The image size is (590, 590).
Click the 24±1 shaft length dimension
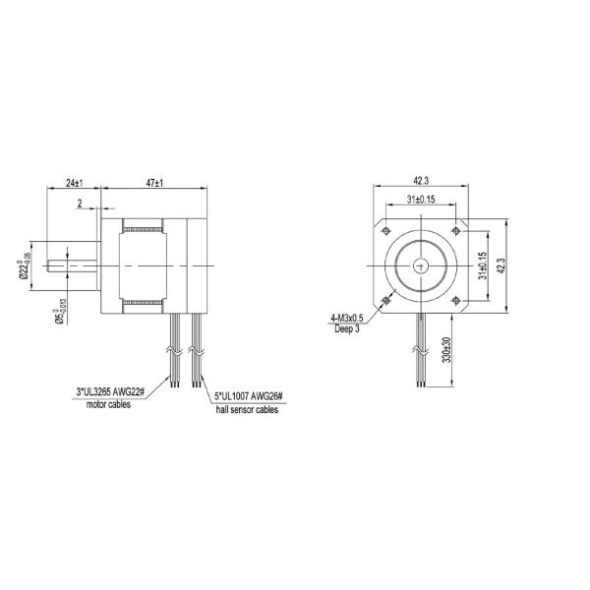pos(73,183)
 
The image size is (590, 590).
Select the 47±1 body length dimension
pos(153,183)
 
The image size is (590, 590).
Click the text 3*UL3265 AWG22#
pos(110,392)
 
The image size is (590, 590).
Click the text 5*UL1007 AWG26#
pos(248,397)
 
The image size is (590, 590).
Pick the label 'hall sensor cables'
pos(246,410)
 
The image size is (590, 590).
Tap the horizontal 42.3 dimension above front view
pos(421,181)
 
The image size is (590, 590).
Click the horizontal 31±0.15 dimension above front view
pos(421,200)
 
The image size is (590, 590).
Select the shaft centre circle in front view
pos(422,265)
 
